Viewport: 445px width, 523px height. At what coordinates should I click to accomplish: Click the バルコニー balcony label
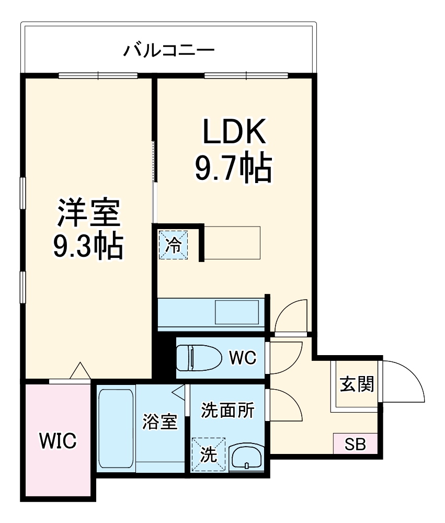click(168, 51)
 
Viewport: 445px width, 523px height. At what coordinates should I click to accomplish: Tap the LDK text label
click(233, 133)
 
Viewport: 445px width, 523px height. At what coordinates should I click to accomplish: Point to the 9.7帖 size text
click(233, 168)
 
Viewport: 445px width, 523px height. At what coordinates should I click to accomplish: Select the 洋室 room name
click(88, 213)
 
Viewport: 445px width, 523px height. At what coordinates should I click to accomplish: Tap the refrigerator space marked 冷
click(173, 245)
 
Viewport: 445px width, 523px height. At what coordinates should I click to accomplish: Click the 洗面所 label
click(228, 411)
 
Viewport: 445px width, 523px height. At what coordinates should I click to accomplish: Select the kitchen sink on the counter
click(237, 312)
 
